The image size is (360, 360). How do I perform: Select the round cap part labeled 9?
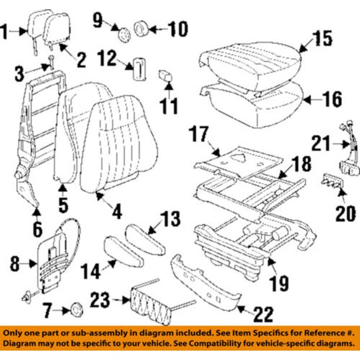124,34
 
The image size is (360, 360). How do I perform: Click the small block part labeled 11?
166,76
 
